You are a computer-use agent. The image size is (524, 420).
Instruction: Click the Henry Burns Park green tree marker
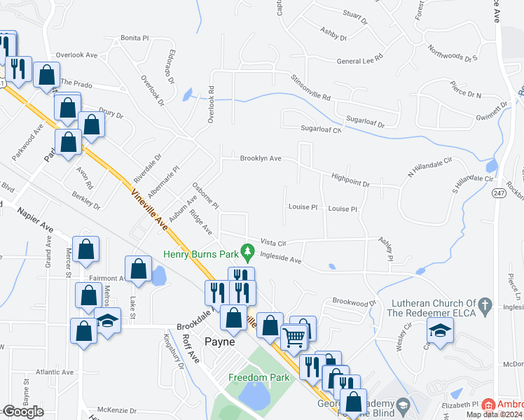point(246,250)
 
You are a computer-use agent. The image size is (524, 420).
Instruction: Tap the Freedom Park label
point(258,378)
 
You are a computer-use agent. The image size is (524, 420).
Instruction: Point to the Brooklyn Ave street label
point(261,159)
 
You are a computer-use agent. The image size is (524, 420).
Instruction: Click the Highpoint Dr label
point(350,183)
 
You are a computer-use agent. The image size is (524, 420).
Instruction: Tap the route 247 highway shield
point(498,192)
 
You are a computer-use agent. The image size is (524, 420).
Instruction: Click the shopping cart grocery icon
point(294,337)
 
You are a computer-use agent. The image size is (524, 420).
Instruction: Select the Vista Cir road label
point(274,242)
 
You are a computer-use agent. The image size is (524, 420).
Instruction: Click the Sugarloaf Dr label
point(361,124)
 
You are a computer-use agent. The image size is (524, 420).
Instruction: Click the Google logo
point(23,412)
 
